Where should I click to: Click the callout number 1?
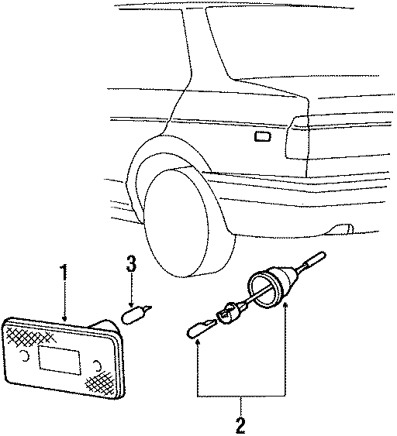(64, 273)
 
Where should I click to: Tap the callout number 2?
(240, 424)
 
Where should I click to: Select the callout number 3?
(132, 266)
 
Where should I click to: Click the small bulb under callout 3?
(135, 315)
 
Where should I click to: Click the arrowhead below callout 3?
(132, 304)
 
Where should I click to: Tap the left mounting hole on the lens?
(28, 355)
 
